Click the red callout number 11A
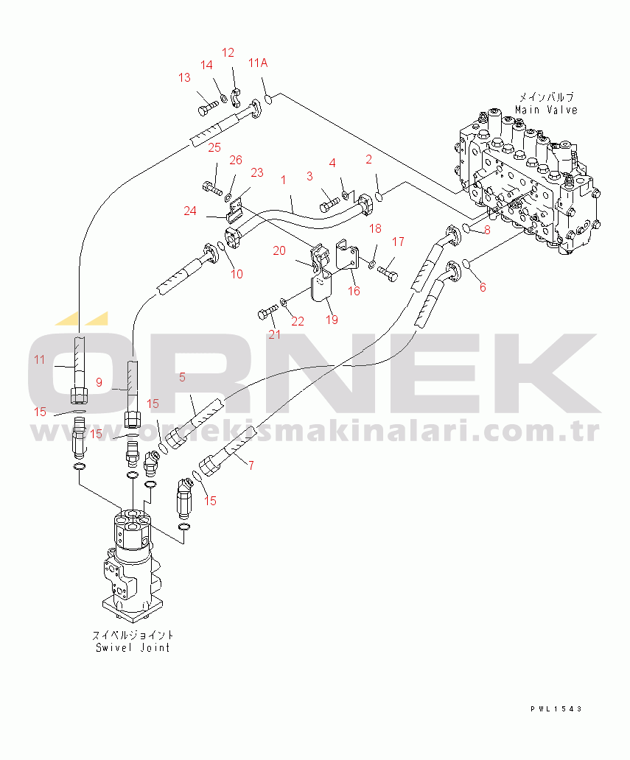point(258,63)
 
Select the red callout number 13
point(184,77)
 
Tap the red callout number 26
point(236,160)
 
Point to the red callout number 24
point(190,211)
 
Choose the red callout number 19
point(332,320)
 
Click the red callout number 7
point(251,465)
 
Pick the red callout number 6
point(483,287)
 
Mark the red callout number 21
point(275,334)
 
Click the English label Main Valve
point(546,110)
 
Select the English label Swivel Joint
point(133,647)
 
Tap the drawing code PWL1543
point(556,708)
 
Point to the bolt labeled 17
point(388,273)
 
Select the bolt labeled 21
point(268,312)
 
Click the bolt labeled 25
point(212,187)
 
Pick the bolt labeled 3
point(330,205)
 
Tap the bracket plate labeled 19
point(321,287)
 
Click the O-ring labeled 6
point(466,264)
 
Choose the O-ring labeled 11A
point(267,100)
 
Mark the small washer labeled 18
point(371,264)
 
